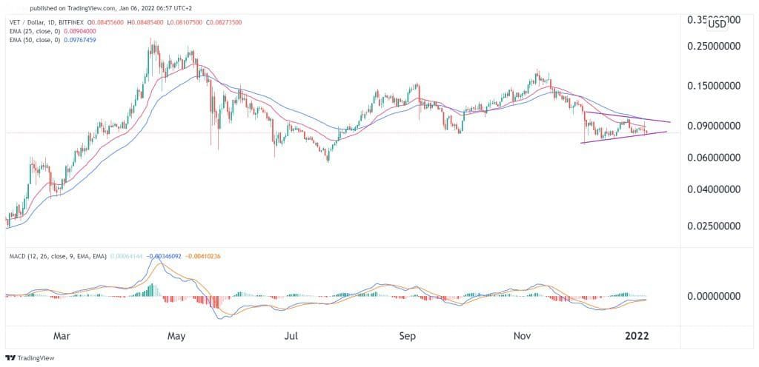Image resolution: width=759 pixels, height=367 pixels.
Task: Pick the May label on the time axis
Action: pyautogui.click(x=176, y=334)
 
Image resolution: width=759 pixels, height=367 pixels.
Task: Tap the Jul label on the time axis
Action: pyautogui.click(x=291, y=334)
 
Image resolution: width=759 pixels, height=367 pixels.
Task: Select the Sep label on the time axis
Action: pyautogui.click(x=408, y=334)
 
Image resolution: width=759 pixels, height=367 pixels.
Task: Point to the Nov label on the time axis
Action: pyautogui.click(x=523, y=334)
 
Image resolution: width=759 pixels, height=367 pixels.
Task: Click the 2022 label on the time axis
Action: pyautogui.click(x=636, y=334)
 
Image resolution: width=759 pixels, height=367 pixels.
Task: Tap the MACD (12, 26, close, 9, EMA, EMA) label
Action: pyautogui.click(x=55, y=256)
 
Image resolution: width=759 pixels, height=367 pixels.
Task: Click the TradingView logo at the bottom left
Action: pyautogui.click(x=30, y=357)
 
